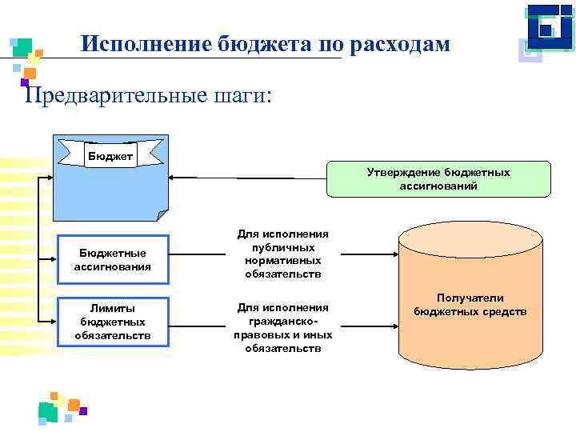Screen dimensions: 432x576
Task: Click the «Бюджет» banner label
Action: (x=111, y=154)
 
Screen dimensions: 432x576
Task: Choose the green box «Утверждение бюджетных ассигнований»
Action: (x=438, y=179)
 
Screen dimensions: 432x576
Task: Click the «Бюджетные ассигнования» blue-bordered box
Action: (x=112, y=259)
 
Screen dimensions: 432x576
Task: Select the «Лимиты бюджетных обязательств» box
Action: (x=112, y=322)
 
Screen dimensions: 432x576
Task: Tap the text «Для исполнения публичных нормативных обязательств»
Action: (x=283, y=254)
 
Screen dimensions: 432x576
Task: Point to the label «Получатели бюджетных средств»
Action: (x=470, y=304)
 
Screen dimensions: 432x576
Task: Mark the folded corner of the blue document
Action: (x=162, y=215)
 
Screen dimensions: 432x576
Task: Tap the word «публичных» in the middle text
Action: (x=283, y=247)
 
